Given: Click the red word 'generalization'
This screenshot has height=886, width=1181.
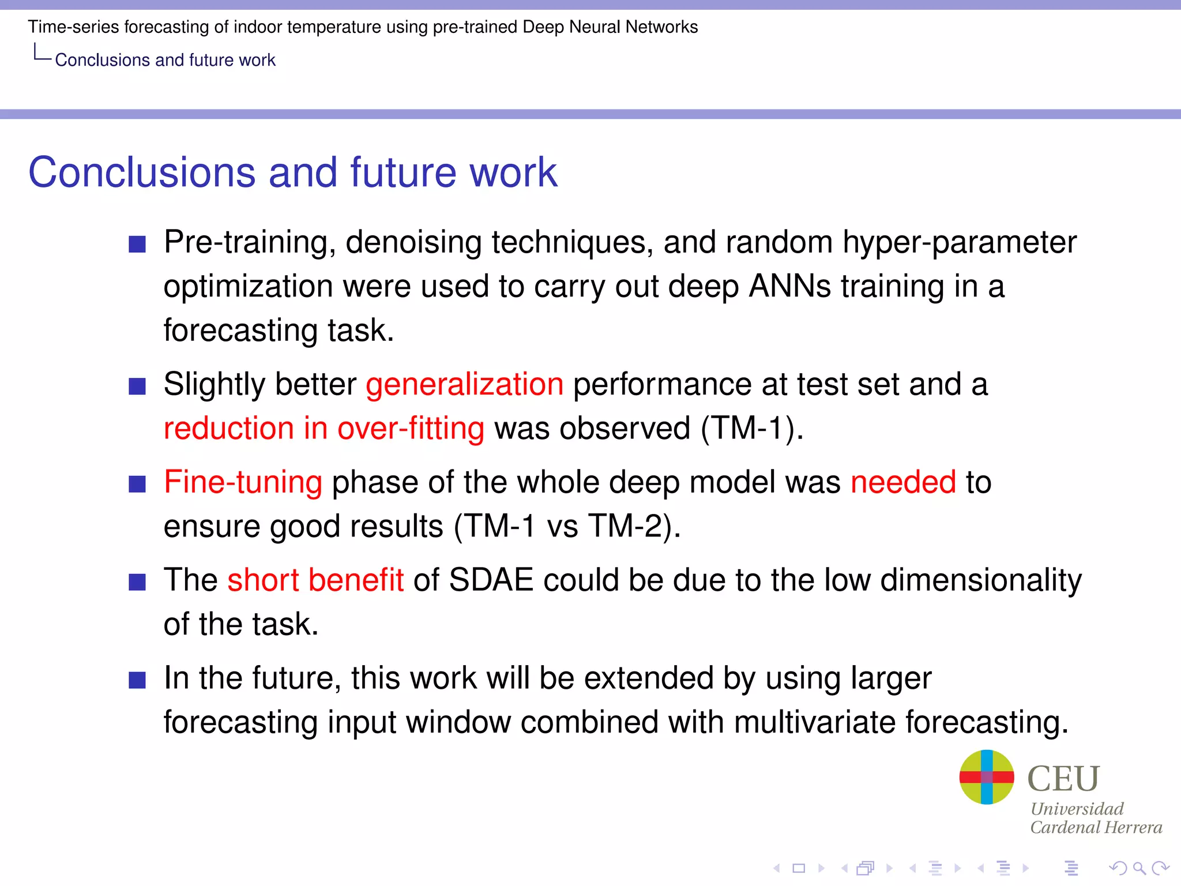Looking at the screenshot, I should click(x=464, y=385).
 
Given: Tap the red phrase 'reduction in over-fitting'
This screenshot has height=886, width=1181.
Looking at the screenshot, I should click(x=324, y=429).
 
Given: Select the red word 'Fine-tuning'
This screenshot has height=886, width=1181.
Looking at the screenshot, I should click(x=243, y=482).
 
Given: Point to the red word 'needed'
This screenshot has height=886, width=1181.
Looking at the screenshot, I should click(x=903, y=482).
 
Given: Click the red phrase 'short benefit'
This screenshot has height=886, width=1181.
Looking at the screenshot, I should click(x=315, y=580).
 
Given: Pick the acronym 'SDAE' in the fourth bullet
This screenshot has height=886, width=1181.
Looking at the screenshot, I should click(x=491, y=580).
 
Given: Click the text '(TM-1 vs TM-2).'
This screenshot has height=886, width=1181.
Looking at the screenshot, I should click(x=567, y=526).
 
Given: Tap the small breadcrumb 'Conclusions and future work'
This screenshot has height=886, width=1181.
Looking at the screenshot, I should click(x=165, y=60).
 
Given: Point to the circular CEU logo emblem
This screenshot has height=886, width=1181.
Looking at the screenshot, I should click(x=987, y=777).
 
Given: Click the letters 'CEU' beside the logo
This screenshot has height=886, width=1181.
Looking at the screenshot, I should click(x=1063, y=779).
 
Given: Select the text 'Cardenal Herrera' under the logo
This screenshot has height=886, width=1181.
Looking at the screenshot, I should click(x=1096, y=828).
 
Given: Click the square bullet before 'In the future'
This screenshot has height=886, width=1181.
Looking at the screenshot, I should click(x=137, y=680).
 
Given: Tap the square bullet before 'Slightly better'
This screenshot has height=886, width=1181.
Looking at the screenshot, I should click(x=137, y=386).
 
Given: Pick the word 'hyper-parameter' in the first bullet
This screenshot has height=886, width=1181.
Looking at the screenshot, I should click(x=960, y=242).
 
